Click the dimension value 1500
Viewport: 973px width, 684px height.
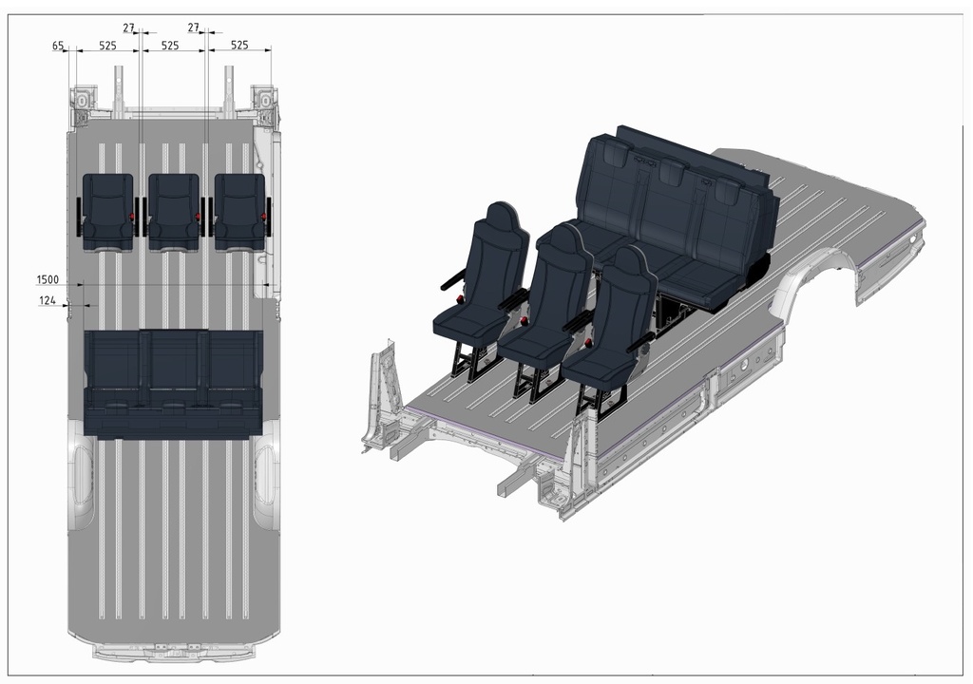point(48,279)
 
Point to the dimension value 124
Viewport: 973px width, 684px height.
point(48,301)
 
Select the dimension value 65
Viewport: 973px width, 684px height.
point(58,46)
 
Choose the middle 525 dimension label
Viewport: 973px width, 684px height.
point(170,46)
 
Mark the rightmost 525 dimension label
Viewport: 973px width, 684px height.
point(239,46)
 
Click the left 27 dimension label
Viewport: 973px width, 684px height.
point(129,28)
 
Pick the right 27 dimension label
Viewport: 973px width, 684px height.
point(194,28)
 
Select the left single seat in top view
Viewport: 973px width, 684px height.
point(108,211)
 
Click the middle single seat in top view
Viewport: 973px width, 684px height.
point(174,211)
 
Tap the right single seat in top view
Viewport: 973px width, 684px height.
point(239,211)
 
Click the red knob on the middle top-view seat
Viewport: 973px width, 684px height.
point(197,218)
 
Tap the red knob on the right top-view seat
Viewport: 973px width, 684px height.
point(262,218)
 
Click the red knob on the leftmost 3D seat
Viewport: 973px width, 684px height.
point(461,300)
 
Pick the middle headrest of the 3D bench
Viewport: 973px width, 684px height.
point(672,172)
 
